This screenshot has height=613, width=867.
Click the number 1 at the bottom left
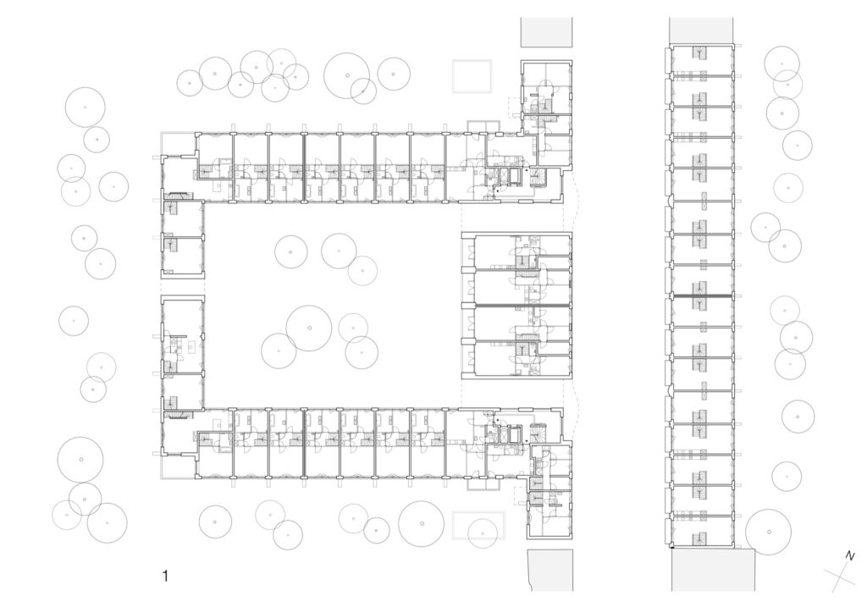click(x=165, y=576)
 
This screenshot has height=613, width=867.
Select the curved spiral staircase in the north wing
click(x=538, y=176)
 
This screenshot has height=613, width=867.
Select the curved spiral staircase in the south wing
click(x=538, y=433)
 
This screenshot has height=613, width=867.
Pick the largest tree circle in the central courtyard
click(x=309, y=328)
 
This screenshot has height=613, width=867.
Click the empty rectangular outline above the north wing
click(x=472, y=76)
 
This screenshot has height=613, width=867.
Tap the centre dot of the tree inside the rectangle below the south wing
click(x=483, y=533)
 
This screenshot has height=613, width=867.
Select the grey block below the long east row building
click(x=713, y=570)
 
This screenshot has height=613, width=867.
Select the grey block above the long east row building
click(x=701, y=30)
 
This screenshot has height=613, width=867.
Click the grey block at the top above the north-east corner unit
click(x=546, y=32)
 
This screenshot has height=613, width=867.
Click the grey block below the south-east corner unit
click(x=549, y=570)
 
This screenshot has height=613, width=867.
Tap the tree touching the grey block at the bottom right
click(x=769, y=532)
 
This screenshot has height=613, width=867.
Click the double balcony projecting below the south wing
click(x=483, y=483)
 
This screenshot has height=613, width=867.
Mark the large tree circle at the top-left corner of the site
click(x=86, y=108)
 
